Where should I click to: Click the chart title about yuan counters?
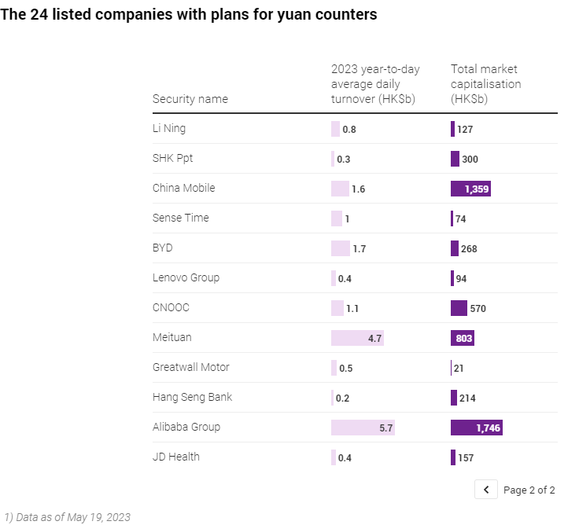[189, 15]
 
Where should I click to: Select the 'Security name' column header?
[190, 99]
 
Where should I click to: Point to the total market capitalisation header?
[485, 84]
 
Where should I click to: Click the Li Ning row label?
[169, 128]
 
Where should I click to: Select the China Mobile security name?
[183, 188]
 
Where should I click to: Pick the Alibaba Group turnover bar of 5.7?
[362, 428]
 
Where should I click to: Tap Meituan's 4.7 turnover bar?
[357, 338]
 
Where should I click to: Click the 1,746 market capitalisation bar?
[476, 428]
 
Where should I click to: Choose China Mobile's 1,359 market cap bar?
[470, 189]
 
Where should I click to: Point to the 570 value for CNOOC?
[478, 309]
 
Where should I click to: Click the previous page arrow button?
[486, 490]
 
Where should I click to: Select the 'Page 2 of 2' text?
[529, 490]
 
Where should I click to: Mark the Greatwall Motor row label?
[191, 367]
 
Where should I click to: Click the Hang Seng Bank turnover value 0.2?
[342, 398]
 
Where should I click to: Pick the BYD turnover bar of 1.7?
[341, 248]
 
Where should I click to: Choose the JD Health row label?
[176, 457]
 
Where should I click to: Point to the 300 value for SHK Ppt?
[470, 160]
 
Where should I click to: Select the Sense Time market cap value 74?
[461, 219]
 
